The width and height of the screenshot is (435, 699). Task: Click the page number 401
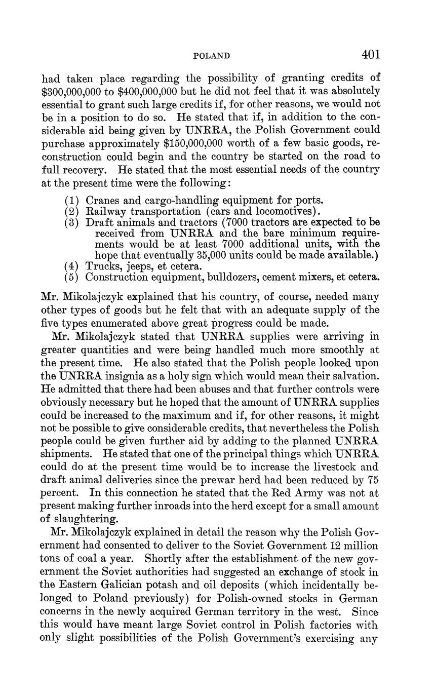click(x=371, y=54)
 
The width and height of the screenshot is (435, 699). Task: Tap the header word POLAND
click(x=212, y=56)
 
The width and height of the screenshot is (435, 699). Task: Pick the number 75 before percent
click(x=374, y=480)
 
